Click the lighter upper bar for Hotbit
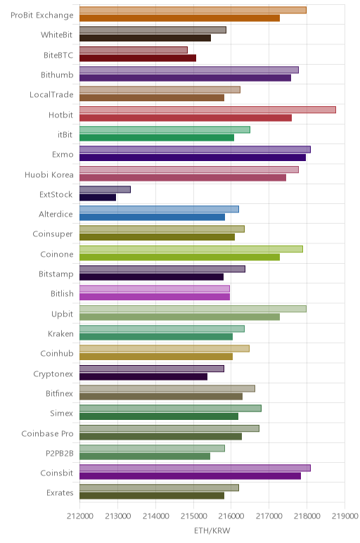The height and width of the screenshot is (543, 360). click(207, 110)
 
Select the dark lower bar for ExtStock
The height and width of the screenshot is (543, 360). click(98, 198)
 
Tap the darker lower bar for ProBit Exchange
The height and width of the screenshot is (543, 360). click(180, 18)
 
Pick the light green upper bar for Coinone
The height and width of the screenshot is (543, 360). click(191, 249)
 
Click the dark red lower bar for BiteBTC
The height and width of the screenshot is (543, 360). click(138, 58)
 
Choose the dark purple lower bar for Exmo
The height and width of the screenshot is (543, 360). click(193, 158)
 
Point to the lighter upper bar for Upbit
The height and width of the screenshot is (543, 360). click(193, 309)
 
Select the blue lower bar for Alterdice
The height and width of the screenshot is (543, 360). click(153, 217)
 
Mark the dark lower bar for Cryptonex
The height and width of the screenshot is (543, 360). click(143, 376)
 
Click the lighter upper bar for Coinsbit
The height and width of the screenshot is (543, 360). click(195, 468)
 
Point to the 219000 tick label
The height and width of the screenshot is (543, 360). click(345, 516)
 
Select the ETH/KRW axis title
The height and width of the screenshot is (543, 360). click(212, 531)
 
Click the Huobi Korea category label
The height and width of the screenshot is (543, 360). click(49, 174)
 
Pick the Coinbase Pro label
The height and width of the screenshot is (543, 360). click(47, 433)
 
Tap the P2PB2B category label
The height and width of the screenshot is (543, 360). click(60, 453)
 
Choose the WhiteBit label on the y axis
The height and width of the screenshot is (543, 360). click(57, 34)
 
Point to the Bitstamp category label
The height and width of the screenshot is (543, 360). click(56, 274)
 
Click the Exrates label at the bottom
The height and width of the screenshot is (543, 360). click(60, 493)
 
